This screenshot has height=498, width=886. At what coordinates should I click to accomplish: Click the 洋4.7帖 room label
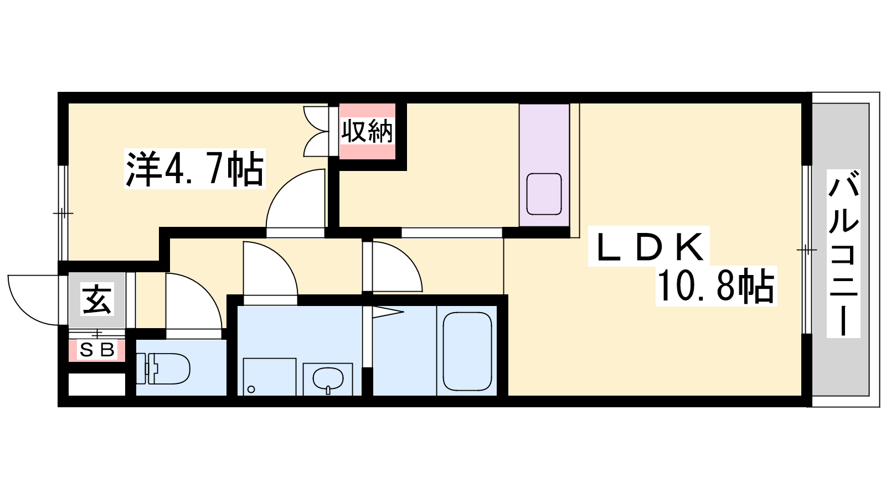[x=194, y=169]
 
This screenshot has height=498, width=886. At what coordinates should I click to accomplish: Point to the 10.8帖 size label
[x=715, y=286]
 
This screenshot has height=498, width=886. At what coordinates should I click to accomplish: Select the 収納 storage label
[x=367, y=131]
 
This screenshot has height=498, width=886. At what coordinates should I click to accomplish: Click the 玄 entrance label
[x=97, y=299]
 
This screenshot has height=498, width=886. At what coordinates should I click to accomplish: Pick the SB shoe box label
[x=97, y=350]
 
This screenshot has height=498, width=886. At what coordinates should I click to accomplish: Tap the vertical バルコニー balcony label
[x=843, y=253]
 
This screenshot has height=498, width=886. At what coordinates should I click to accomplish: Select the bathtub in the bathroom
[x=467, y=351]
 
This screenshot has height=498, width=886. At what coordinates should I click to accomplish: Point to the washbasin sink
[x=328, y=378]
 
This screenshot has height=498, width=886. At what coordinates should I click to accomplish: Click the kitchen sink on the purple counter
[x=544, y=194]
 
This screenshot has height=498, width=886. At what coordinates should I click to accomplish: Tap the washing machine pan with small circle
[x=269, y=377]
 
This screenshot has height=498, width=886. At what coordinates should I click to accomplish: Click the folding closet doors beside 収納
[x=316, y=131]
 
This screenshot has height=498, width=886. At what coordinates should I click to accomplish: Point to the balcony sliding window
[x=806, y=250]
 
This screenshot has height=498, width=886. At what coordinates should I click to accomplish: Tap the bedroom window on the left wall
[x=63, y=213]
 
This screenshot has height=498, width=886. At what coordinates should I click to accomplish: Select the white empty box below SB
[x=97, y=384]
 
